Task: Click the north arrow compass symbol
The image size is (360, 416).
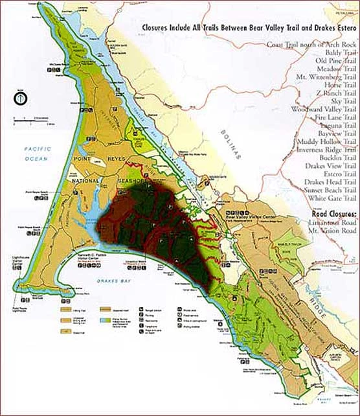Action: point(20,99)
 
